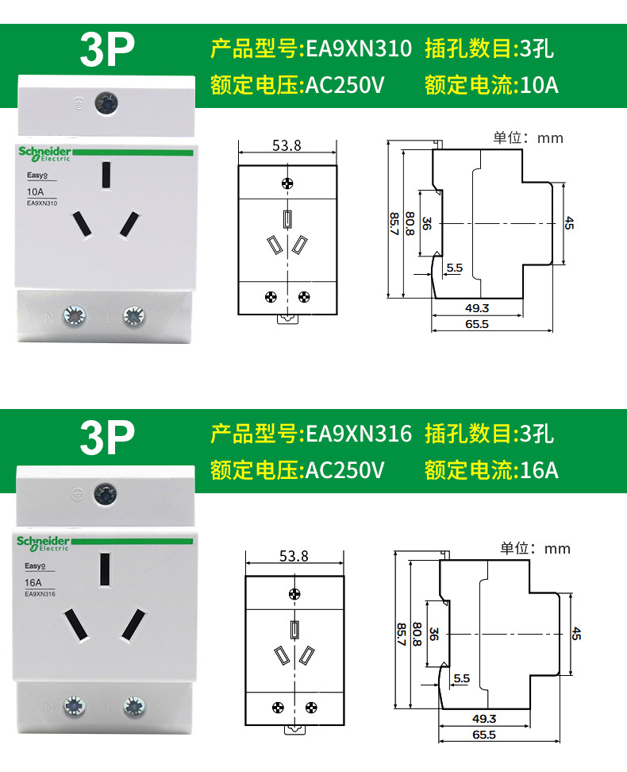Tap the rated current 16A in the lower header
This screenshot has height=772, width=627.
(x=540, y=469)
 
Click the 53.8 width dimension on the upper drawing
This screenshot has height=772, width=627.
(x=287, y=145)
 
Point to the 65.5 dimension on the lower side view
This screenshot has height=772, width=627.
(x=483, y=735)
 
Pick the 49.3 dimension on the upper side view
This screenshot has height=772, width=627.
(x=476, y=308)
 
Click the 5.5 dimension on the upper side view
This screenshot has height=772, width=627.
(x=454, y=268)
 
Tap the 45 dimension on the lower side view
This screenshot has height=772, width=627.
(x=576, y=633)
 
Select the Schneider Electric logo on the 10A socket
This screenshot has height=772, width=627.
(x=44, y=153)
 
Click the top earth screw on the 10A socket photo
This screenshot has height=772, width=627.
(x=104, y=102)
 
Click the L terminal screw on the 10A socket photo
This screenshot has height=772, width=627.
(x=133, y=317)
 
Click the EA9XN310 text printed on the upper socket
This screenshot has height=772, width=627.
(x=42, y=203)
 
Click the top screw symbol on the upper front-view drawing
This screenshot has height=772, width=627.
(x=287, y=183)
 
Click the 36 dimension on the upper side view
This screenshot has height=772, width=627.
(x=426, y=223)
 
